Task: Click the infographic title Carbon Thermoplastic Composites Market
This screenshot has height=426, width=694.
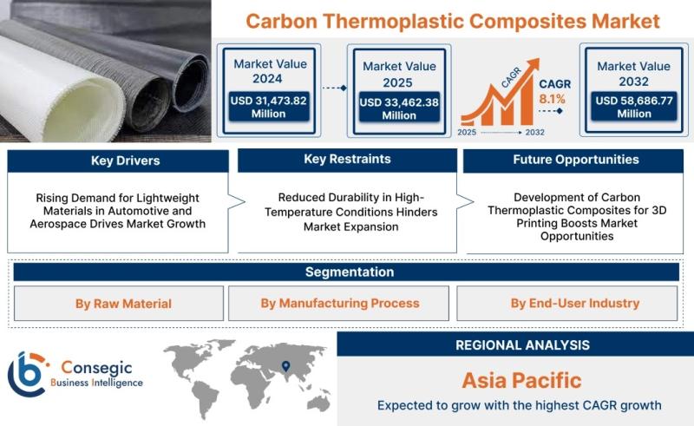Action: (x=453, y=21)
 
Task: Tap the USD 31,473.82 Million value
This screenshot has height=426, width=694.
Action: (x=268, y=108)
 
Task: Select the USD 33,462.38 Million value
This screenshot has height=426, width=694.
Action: (x=399, y=109)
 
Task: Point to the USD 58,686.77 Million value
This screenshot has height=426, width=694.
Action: (x=634, y=108)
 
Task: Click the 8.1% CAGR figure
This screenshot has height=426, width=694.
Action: (x=552, y=99)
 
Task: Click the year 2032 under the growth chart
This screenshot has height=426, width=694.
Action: (x=534, y=133)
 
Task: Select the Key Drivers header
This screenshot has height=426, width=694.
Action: (x=125, y=161)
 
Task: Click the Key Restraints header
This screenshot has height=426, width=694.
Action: (x=348, y=159)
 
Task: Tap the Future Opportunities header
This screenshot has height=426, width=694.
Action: (x=576, y=160)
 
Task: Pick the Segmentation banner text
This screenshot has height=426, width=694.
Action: (x=350, y=272)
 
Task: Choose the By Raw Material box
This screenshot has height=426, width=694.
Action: (x=119, y=304)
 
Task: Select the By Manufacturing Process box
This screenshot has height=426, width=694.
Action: (x=338, y=304)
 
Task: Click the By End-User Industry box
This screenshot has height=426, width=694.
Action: (x=567, y=304)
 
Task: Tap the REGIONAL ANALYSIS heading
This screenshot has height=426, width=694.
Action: (x=523, y=345)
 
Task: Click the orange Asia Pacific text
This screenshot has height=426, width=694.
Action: (x=522, y=380)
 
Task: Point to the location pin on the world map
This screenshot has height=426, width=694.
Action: (x=286, y=366)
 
